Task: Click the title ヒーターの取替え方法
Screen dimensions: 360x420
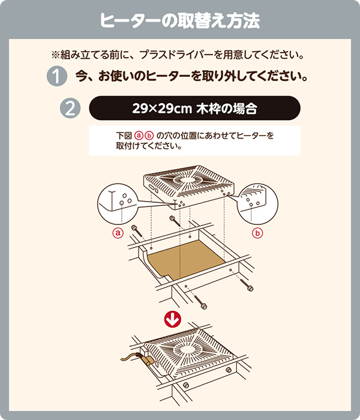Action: [180, 20]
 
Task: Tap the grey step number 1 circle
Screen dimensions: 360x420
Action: [57, 76]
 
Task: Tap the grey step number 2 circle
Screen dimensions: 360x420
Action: [70, 108]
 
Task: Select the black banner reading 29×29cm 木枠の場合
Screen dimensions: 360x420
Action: [194, 108]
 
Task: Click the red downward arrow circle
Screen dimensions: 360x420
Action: [173, 319]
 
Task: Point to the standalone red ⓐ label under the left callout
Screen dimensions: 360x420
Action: [118, 233]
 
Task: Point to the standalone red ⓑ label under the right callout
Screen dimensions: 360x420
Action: [257, 233]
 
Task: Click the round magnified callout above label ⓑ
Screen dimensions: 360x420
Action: [257, 204]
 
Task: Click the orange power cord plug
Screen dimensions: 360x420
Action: [146, 361]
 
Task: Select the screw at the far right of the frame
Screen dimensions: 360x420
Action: [247, 285]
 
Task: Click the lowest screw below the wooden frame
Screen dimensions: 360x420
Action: [200, 302]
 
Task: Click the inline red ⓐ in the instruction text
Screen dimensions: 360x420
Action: [139, 136]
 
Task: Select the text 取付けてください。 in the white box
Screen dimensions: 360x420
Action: [149, 146]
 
